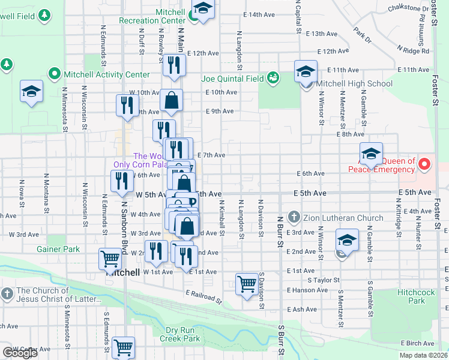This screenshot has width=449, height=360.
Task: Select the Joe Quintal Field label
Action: point(232,78)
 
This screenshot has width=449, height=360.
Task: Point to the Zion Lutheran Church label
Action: point(339,217)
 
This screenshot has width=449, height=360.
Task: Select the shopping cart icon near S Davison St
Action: point(247,284)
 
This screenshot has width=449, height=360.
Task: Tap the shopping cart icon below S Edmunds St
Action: point(122,347)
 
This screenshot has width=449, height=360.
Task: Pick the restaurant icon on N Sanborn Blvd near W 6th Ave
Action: point(122,181)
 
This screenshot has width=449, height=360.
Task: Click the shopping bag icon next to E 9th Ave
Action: point(172,101)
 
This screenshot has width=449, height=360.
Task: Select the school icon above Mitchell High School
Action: point(306,71)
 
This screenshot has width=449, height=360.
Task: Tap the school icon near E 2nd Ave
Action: point(347,241)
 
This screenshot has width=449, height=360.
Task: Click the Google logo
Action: point(20,353)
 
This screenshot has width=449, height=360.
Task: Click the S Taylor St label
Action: point(324,280)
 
